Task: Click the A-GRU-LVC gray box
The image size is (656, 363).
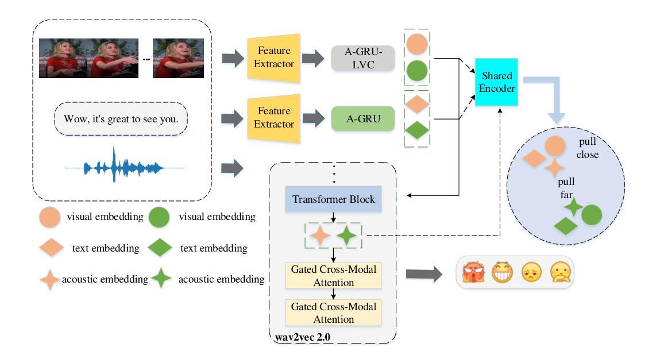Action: point(362,58)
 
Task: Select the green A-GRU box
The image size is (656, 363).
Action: point(362,119)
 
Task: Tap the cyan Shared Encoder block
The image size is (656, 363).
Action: point(497,82)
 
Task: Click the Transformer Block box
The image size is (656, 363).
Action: point(333,199)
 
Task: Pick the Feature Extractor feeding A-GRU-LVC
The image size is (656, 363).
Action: point(274,57)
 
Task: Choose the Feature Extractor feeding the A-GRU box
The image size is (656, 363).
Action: point(274,118)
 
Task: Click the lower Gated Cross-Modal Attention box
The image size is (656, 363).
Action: point(333,313)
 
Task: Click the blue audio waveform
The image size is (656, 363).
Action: point(125,167)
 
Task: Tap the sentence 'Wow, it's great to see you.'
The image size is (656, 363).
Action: point(121,119)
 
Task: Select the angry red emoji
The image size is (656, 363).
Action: point(473,272)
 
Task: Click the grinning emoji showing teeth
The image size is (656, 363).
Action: point(502,272)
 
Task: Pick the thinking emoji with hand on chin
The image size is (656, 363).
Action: point(561,272)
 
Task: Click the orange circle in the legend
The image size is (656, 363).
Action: point(49,217)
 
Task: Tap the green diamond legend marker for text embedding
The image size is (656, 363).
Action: point(160,248)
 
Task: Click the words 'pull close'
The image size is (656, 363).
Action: point(588,148)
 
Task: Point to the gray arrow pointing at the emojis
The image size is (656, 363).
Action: point(424,275)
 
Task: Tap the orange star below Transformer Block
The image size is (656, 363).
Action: point(320,235)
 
